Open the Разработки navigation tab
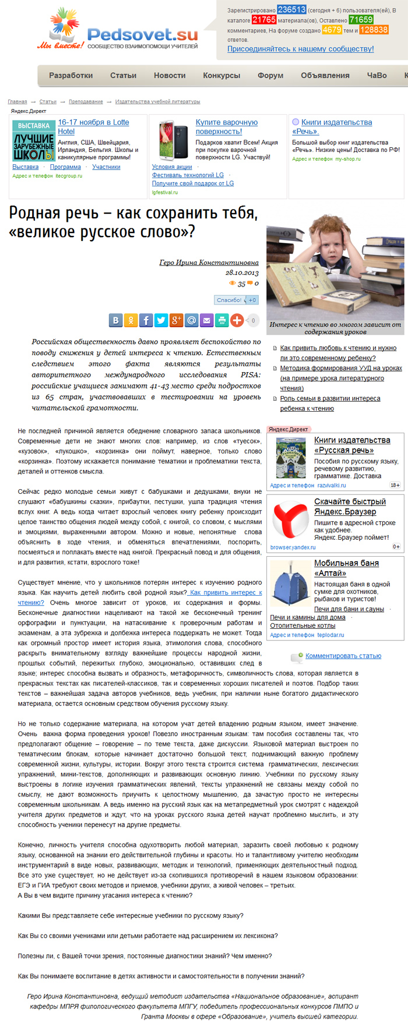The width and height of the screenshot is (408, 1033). click(x=71, y=75)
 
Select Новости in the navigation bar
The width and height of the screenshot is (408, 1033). click(x=170, y=75)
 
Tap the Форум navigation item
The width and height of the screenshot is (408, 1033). click(x=270, y=75)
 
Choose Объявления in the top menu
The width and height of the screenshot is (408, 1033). click(x=325, y=75)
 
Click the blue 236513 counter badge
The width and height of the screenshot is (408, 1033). click(x=291, y=10)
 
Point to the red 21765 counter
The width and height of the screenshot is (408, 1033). click(x=263, y=20)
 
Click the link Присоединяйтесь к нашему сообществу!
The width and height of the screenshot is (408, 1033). click(x=300, y=49)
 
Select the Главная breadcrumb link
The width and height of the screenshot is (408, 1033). click(x=17, y=102)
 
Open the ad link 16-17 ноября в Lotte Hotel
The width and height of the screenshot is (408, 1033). click(x=93, y=126)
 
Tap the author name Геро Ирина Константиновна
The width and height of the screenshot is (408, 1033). click(x=209, y=263)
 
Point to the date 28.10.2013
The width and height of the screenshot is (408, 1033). click(x=242, y=273)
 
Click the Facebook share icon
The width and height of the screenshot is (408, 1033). click(x=146, y=320)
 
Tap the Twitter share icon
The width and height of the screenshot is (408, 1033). click(x=161, y=320)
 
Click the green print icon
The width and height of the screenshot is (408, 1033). click(x=222, y=320)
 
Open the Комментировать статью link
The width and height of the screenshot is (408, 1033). click(x=343, y=656)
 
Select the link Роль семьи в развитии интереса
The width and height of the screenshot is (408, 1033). click(x=330, y=398)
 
